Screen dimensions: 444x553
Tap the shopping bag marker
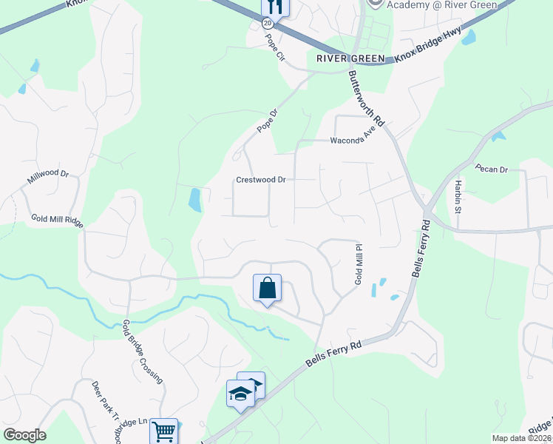(267, 288)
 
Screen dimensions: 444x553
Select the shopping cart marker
(163, 431)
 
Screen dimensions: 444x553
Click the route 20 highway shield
(267, 24)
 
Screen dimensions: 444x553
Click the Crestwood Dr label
(261, 180)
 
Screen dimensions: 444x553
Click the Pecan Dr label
(492, 169)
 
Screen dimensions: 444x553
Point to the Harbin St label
(458, 195)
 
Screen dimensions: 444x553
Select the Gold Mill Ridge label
(57, 221)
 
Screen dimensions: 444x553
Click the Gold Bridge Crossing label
(142, 351)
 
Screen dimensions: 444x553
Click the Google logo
(24, 435)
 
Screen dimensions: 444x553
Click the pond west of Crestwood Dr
(195, 200)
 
